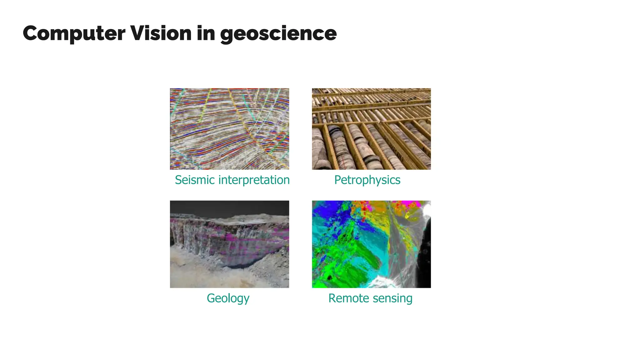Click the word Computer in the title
pos(74,33)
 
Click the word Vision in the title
pos(161,33)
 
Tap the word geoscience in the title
pos(278,34)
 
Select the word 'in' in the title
pos(206,33)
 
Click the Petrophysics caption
pos(367,180)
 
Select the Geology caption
pos(228,298)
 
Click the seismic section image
pos(229,129)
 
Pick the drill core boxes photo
pos(371,129)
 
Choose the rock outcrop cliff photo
pos(229,244)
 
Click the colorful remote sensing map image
pos(371,244)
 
